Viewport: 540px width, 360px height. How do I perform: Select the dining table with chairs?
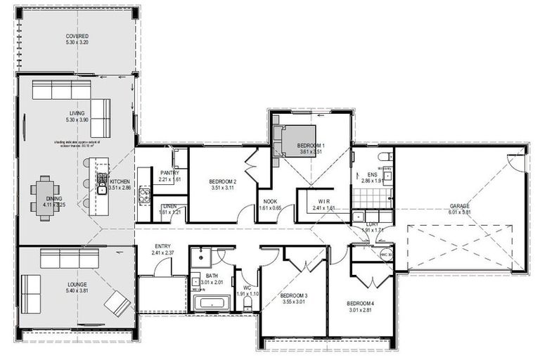pyautogui.click(x=45, y=198)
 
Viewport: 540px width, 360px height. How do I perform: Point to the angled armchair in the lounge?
pyautogui.click(x=117, y=303)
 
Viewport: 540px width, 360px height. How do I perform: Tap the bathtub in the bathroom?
pyautogui.click(x=210, y=303)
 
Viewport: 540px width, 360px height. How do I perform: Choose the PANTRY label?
pyautogui.click(x=169, y=172)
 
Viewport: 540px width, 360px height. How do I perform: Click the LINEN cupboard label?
pyautogui.click(x=169, y=206)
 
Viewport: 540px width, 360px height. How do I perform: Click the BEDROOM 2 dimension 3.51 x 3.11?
pyautogui.click(x=222, y=188)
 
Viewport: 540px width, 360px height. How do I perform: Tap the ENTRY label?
pyautogui.click(x=163, y=246)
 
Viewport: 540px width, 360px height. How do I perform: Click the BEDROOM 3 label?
pyautogui.click(x=295, y=295)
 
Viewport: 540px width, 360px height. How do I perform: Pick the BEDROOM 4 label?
pyautogui.click(x=361, y=304)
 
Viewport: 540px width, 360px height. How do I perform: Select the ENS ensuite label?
pyautogui.click(x=372, y=174)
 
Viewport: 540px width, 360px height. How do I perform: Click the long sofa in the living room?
pyautogui.click(x=62, y=90)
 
